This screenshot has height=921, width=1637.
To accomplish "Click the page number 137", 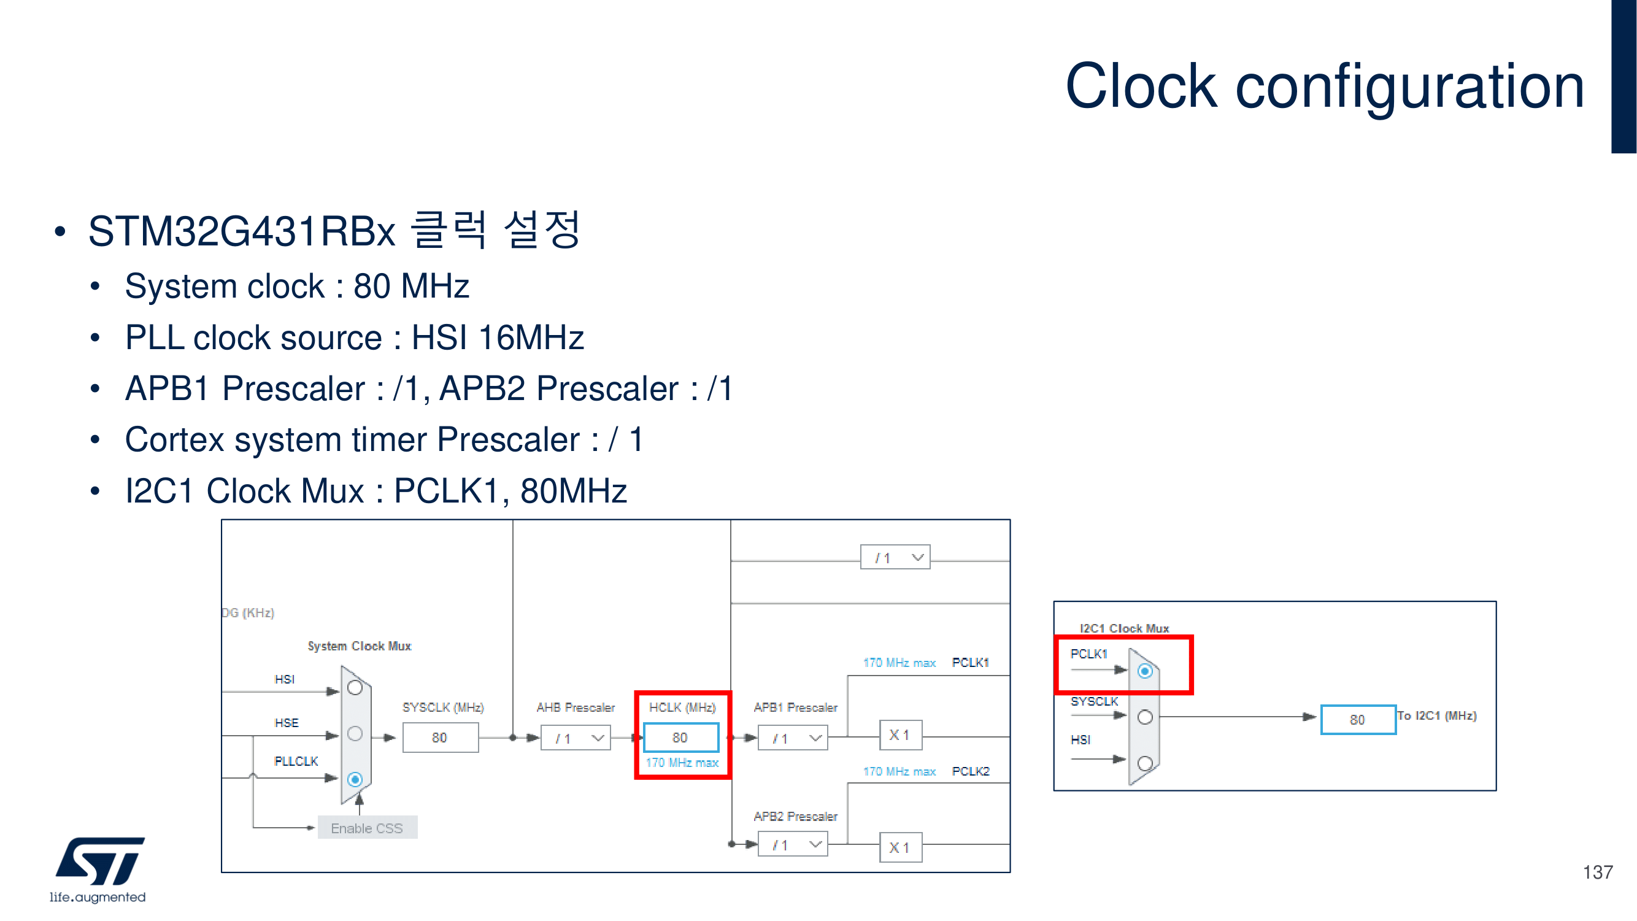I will pos(1597,872).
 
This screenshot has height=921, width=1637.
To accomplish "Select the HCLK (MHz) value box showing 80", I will pos(680,738).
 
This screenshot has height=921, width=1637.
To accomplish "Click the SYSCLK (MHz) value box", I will pos(440,738).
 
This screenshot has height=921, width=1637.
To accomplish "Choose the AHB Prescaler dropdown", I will pos(576,738).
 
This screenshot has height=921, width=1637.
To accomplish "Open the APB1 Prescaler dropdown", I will pos(793,738).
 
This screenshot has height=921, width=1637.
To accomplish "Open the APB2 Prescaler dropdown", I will pos(793,845).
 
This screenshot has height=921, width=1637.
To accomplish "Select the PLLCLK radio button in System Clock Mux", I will pos(355,779).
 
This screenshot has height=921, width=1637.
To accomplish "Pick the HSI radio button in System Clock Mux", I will pos(355,688).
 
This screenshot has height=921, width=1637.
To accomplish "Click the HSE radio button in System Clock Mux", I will pos(355,733).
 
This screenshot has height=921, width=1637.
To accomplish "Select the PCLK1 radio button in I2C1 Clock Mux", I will pos(1144,671).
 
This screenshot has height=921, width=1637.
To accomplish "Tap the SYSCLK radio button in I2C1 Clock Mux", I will pos(1144,717).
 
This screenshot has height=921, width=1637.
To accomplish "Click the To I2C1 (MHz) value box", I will pos(1357,720).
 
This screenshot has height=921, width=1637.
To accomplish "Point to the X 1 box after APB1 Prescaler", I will pos(900,736).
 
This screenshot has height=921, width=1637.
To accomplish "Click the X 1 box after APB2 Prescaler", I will pos(900,847).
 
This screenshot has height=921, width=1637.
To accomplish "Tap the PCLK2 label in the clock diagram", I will pos(971,771).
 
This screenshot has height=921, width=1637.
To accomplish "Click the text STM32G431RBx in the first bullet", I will pos(242,231).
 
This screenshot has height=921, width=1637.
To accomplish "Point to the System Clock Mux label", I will pos(359,645).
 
